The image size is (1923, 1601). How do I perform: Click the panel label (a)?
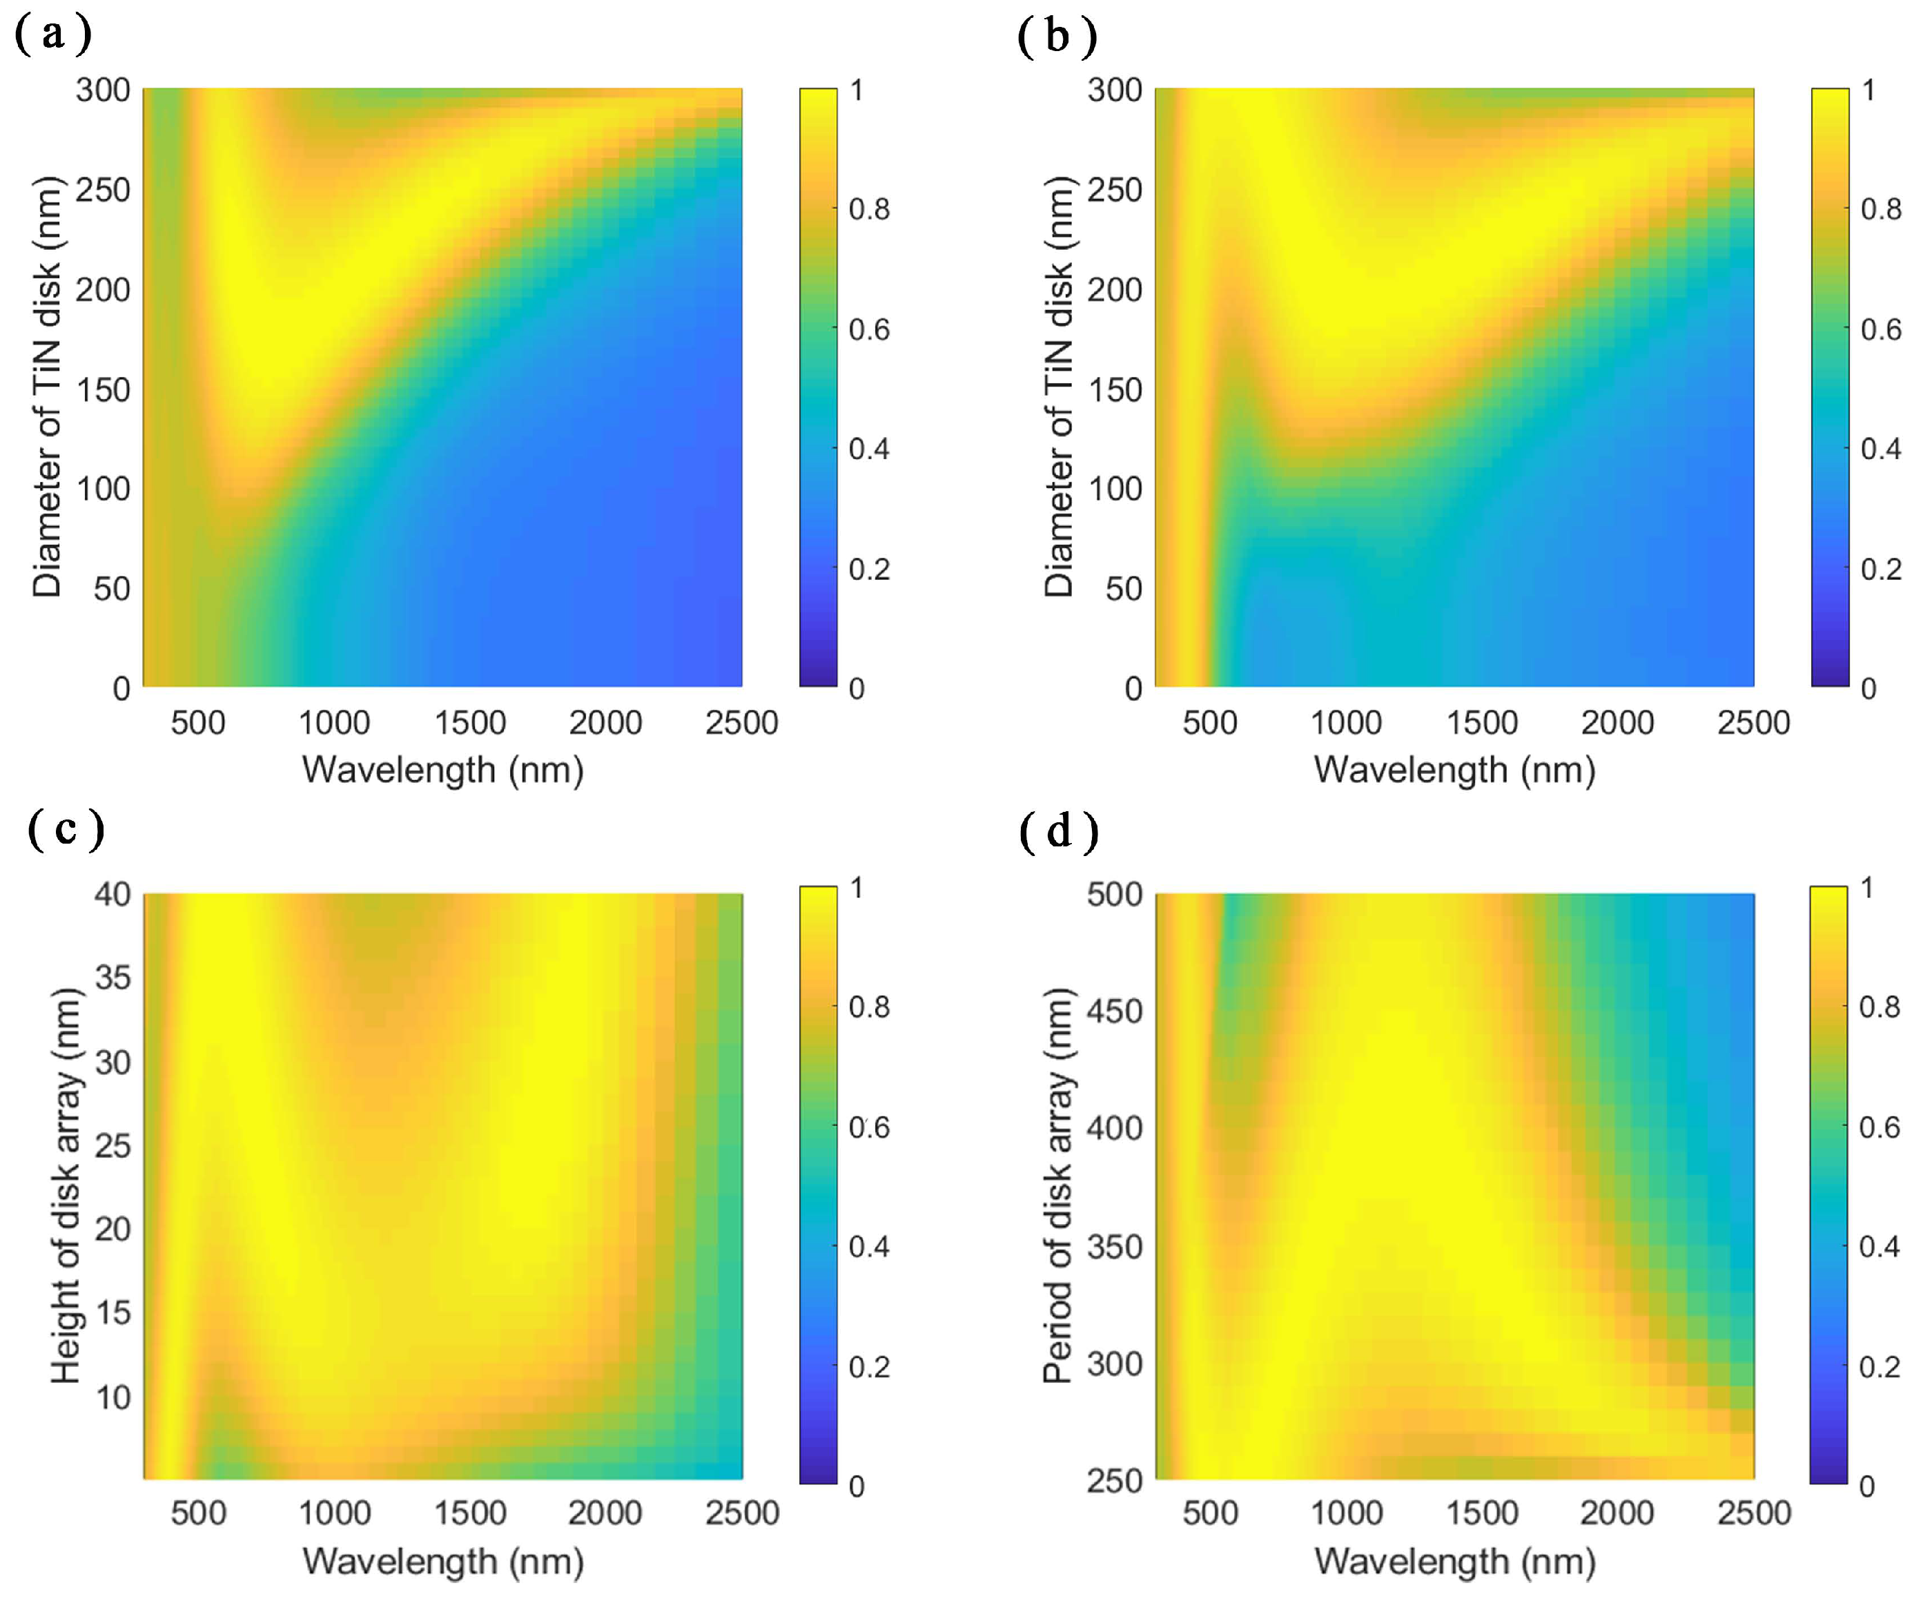53,35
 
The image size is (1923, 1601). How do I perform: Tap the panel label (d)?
1059,831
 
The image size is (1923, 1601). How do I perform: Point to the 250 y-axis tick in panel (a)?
103,190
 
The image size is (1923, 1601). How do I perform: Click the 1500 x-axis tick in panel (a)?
470,723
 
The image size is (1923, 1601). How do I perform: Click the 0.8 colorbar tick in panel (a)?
869,208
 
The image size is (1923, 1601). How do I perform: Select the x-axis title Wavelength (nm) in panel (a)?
443,769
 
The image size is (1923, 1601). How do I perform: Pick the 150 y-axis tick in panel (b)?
1115,389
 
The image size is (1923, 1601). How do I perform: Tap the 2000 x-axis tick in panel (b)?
1617,723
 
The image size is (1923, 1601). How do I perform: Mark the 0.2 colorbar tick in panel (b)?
1881,569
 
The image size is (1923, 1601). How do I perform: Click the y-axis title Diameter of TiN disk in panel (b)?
1059,387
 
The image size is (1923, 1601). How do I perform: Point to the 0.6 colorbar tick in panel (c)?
869,1127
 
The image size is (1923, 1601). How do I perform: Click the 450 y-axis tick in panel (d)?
1115,1011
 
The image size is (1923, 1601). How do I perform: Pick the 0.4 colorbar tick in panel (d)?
1879,1247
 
